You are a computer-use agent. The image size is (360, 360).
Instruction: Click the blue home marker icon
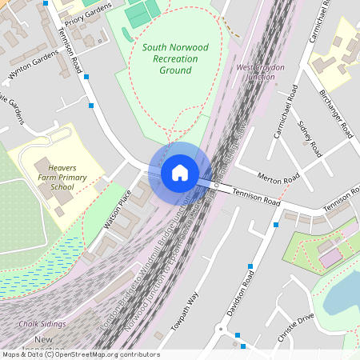tap(180, 172)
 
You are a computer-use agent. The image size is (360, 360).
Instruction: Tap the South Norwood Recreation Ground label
tap(174, 58)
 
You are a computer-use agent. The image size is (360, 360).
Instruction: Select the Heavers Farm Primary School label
tap(62, 175)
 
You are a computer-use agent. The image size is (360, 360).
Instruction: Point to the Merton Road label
tap(278, 177)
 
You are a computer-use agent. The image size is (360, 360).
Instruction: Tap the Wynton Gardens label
tap(34, 66)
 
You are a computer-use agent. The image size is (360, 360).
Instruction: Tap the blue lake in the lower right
tap(344, 296)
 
